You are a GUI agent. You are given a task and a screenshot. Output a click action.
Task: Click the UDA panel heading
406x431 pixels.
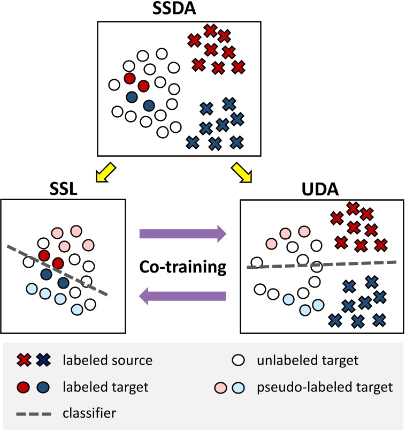coord(320,188)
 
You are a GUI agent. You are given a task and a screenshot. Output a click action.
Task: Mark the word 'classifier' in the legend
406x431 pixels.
coord(89,412)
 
